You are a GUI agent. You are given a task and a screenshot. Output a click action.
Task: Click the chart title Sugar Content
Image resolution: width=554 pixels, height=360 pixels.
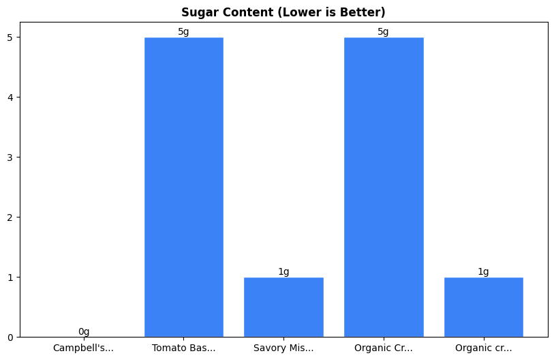point(283,12)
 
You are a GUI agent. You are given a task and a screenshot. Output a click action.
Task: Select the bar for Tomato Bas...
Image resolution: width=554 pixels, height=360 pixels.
point(184,187)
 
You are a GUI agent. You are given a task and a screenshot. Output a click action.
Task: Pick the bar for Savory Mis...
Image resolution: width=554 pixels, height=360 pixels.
point(283,307)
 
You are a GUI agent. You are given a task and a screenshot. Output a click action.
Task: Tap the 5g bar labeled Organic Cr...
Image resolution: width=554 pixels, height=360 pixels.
point(384,187)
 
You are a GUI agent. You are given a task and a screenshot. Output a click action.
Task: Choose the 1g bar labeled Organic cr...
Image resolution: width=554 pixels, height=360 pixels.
point(483,307)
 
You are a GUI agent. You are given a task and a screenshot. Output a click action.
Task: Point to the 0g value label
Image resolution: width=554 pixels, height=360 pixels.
point(84,331)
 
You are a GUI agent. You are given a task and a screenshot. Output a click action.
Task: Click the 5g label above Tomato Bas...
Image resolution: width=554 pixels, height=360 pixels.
point(184,32)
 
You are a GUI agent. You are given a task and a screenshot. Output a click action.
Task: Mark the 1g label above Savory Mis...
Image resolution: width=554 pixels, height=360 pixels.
point(283,271)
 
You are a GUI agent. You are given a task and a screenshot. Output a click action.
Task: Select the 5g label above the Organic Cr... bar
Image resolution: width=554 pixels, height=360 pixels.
point(384,32)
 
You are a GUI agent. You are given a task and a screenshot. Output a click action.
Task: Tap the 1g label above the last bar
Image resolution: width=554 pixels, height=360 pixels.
point(483,271)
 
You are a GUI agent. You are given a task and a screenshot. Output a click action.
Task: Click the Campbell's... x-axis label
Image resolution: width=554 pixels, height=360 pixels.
point(84,348)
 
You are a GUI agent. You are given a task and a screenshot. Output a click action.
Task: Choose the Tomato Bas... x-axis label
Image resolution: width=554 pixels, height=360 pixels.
point(184,348)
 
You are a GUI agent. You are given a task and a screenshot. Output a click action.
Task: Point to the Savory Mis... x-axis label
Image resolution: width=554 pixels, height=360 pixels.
point(283,348)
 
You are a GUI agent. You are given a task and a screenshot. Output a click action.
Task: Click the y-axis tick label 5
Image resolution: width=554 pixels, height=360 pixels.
point(11,37)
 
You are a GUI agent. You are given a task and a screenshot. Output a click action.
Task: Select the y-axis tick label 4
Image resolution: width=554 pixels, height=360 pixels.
point(11,97)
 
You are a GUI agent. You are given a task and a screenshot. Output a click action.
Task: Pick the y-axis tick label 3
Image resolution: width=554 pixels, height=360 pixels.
point(11,157)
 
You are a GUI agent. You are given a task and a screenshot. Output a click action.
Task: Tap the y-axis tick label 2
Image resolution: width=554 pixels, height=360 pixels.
point(11,217)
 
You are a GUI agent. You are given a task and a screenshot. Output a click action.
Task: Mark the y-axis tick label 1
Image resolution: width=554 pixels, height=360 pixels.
point(11,277)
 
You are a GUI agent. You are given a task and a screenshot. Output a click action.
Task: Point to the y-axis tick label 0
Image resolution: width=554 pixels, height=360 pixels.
point(11,337)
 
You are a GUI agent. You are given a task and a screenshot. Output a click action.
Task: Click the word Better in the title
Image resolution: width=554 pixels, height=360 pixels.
point(365,12)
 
